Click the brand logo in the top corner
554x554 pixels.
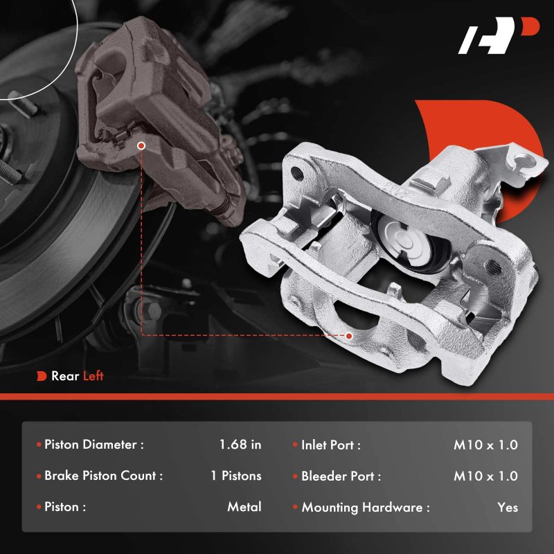[x=498, y=35]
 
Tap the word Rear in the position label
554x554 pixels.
[x=65, y=375]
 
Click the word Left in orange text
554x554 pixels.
[x=93, y=375]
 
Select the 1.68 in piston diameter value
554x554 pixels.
[x=240, y=445]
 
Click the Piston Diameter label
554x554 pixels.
[x=94, y=445]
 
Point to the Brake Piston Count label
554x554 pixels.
[x=103, y=476]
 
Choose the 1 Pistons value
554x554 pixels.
[x=236, y=476]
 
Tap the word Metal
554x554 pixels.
[x=244, y=507]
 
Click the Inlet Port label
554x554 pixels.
[x=331, y=445]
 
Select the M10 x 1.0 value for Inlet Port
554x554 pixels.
[x=486, y=445]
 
